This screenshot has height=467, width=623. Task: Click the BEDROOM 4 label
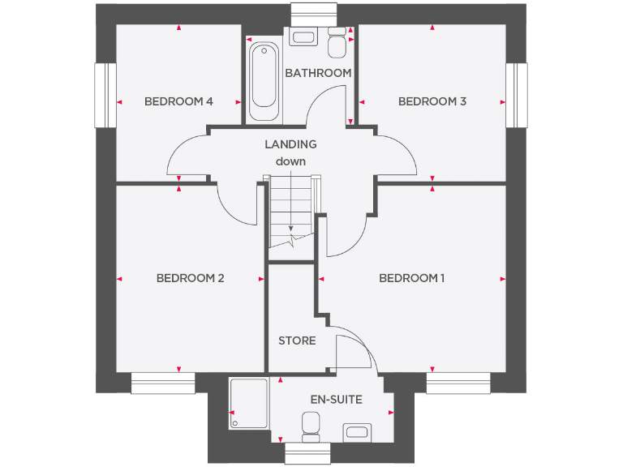point(178,101)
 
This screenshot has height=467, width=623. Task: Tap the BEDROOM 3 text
point(432,101)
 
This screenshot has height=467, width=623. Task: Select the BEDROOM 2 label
point(190,278)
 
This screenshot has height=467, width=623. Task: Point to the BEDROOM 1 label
point(412,278)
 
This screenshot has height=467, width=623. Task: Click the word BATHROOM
point(318,73)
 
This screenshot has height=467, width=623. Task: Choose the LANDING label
point(290,144)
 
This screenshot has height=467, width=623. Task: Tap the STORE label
point(297,341)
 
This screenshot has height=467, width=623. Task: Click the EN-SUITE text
point(336,400)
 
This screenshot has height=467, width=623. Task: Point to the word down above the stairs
point(290,161)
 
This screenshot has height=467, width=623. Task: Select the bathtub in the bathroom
point(264,81)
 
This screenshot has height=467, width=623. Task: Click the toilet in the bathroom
point(337,41)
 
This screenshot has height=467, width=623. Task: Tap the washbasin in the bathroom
point(304,36)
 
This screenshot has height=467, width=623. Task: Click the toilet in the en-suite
point(310,426)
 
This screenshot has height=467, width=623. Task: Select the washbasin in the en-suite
point(357,430)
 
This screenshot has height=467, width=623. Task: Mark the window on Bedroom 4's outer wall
point(102,95)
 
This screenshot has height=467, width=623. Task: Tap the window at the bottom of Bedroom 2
point(163,383)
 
